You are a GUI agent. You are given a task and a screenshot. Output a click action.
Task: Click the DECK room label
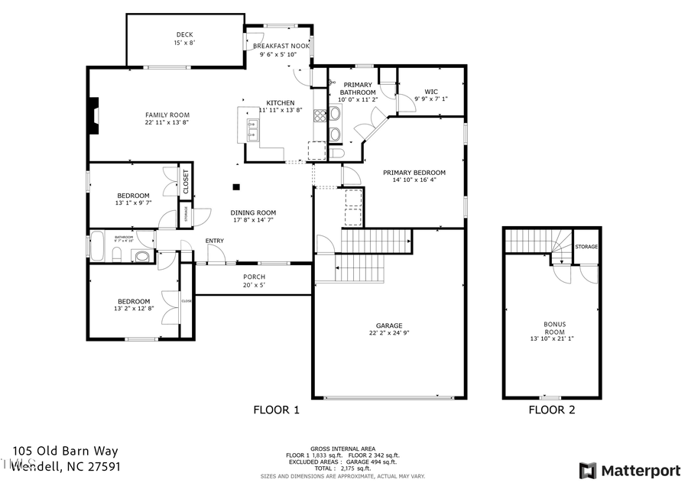coord(184,34)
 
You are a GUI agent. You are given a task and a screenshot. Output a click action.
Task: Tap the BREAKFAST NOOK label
coord(281,46)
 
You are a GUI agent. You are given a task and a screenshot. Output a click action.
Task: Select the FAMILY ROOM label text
coord(167,115)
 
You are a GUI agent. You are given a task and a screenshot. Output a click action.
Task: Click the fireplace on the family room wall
coord(92,116)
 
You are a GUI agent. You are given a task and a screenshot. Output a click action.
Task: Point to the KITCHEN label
coord(280,103)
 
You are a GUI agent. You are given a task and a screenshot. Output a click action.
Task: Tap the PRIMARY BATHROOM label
coord(357,85)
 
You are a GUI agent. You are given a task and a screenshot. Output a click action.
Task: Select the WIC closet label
coord(431,91)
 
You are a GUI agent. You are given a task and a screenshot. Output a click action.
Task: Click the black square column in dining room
coord(237,186)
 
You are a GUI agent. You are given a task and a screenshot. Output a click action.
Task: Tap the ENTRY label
coord(215,241)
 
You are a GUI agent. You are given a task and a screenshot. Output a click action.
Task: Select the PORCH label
coord(254,277)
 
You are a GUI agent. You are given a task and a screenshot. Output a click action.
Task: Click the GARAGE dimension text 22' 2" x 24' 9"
coord(389,332)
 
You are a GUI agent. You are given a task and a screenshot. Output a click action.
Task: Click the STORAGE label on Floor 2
coord(586,247)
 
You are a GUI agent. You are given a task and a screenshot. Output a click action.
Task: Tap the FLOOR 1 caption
coord(276,410)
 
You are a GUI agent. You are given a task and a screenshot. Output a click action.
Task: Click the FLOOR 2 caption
coord(551,410)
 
